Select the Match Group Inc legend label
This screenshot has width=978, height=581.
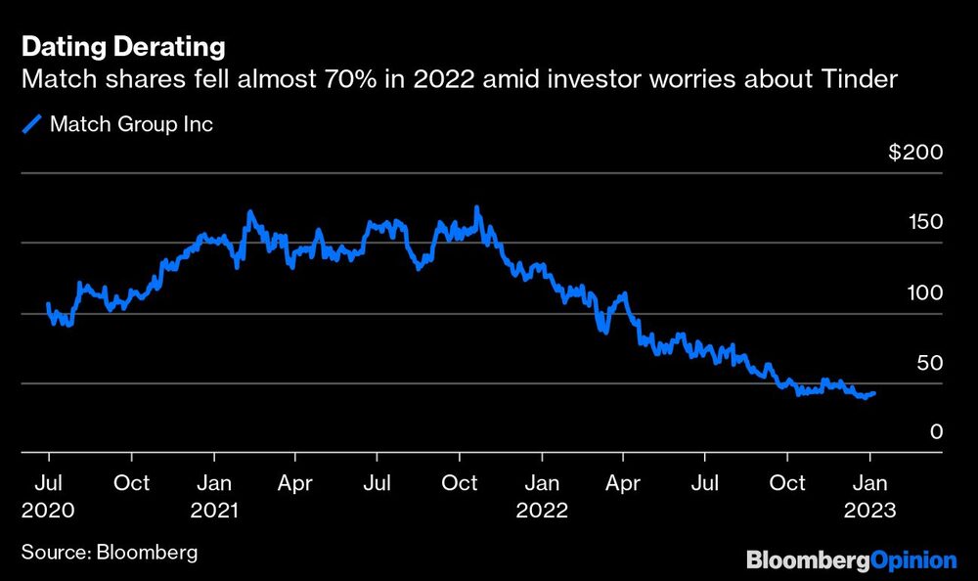(131, 124)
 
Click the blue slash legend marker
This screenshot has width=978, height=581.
(34, 124)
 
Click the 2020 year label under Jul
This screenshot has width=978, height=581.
(49, 511)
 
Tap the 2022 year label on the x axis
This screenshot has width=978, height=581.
(542, 511)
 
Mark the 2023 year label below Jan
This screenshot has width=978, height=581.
(870, 511)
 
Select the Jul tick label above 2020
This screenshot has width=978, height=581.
(48, 483)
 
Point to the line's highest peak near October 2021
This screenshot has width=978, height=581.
(476, 207)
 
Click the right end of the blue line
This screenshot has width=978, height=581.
(874, 393)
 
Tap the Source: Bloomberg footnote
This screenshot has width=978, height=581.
(109, 553)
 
